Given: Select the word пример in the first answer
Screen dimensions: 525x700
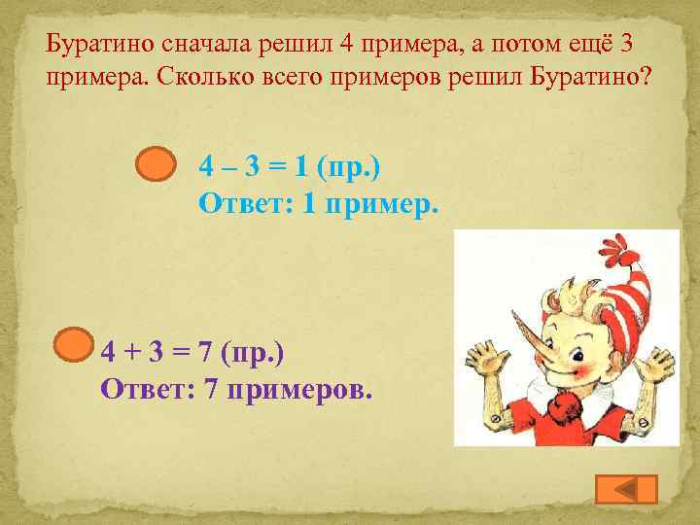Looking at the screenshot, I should click(x=388, y=204).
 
